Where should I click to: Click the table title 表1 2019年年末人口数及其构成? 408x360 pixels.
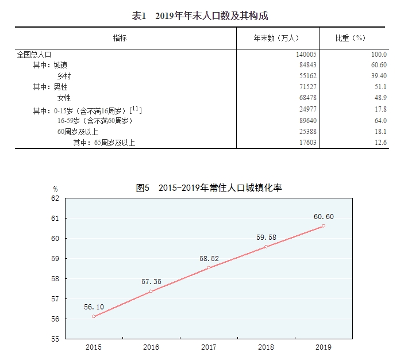tap(200, 16)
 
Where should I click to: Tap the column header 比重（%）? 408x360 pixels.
tap(351, 38)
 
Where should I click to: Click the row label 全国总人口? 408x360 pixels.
tap(34, 54)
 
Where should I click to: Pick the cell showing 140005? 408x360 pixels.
tap(306, 54)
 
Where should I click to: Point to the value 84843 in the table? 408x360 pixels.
tap(307, 65)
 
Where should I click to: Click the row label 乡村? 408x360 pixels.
tap(64, 76)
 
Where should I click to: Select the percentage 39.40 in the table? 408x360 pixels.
tap(379, 76)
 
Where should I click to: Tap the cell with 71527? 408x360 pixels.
tap(307, 87)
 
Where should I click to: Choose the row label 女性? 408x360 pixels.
tap(64, 98)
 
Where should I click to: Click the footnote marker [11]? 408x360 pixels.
tap(136, 108)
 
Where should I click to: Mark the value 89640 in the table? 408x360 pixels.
tap(307, 121)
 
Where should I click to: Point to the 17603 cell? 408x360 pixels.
tap(307, 143)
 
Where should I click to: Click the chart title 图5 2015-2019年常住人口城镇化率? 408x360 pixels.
tap(209, 188)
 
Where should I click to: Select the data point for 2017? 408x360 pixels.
tap(209, 267)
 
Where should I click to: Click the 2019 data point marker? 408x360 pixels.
tap(324, 226)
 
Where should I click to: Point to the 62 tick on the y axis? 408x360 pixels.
tap(55, 198)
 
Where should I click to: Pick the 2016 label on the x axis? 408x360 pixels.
tap(151, 347)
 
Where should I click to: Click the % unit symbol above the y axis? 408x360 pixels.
tap(56, 189)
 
